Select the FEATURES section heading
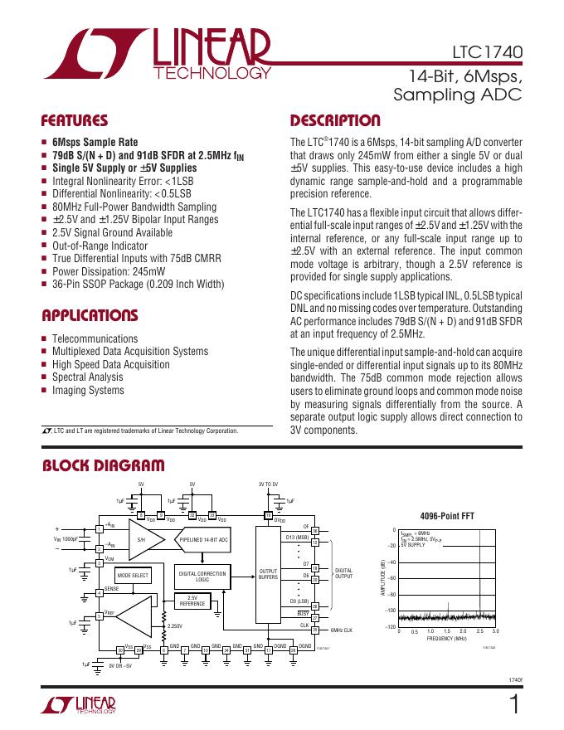[x=75, y=119]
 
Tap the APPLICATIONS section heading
[x=90, y=315]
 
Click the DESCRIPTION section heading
[x=335, y=119]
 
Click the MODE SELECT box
[x=133, y=575]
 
